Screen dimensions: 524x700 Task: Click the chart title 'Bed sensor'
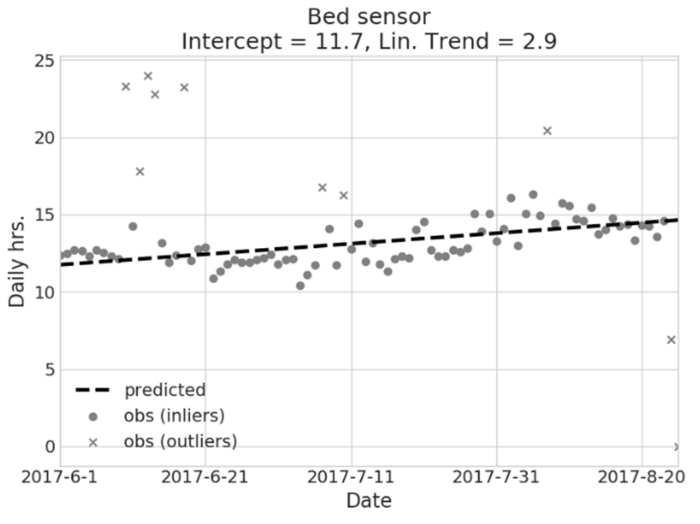coord(369,17)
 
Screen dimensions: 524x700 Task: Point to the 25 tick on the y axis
coord(45,61)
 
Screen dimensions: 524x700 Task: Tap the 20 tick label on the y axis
coord(45,138)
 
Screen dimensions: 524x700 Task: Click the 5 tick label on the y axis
coord(50,370)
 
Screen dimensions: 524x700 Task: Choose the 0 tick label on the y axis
coord(50,447)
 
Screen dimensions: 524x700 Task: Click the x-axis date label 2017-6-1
coord(60,477)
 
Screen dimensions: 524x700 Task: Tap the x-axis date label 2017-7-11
coord(351,477)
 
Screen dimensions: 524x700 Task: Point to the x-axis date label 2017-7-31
coord(496,477)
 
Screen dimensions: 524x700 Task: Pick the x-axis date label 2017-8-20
coord(641,477)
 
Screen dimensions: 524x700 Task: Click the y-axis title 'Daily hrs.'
coord(16,261)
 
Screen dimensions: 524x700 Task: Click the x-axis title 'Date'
coord(369,501)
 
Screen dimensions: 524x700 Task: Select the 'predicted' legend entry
coord(165,390)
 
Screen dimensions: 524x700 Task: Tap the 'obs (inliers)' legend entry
coord(174,416)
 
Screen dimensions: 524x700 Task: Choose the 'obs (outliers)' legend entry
coord(180,442)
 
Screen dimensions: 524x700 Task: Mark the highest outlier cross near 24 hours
coord(148,76)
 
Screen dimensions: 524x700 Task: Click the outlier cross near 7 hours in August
coord(671,339)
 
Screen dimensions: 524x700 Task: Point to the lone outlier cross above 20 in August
coord(547,131)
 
